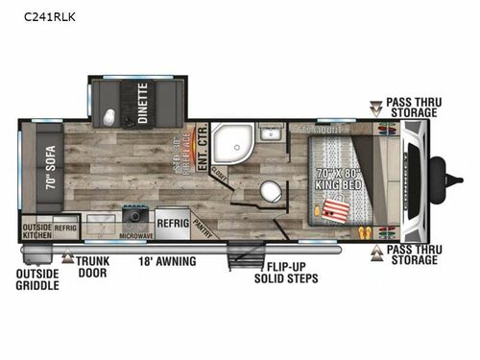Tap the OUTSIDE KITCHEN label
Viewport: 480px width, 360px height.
(36, 231)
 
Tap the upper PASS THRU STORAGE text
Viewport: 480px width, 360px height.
(425, 107)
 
